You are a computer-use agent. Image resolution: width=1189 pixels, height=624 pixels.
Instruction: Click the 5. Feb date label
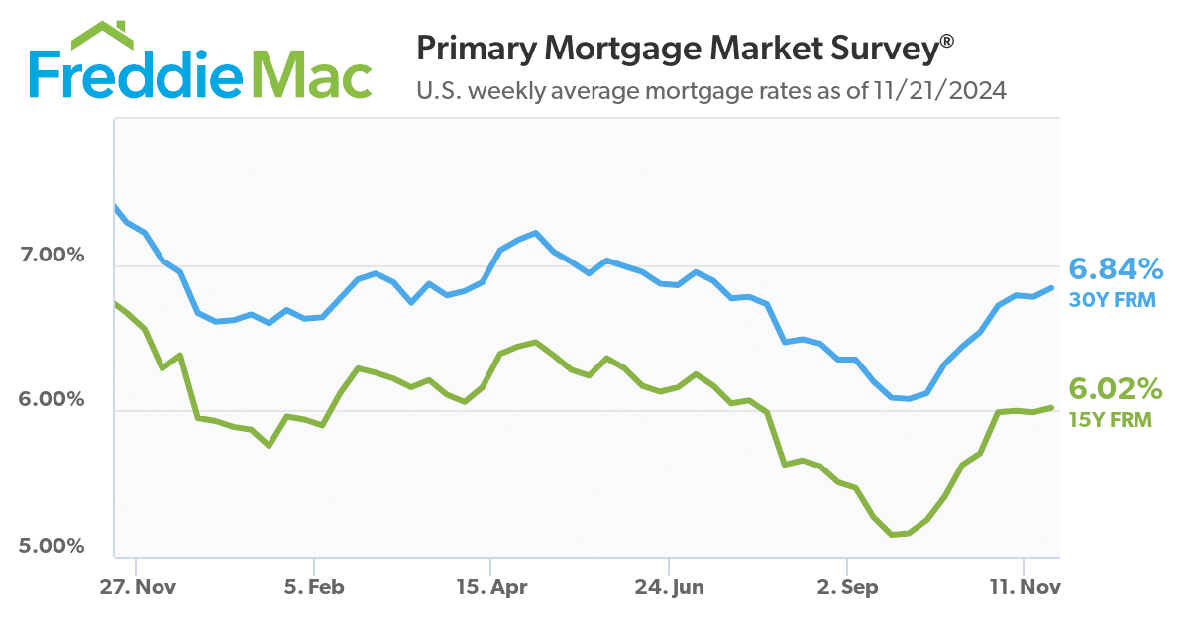click(313, 587)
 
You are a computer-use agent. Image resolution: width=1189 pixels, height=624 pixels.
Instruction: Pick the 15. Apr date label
click(490, 587)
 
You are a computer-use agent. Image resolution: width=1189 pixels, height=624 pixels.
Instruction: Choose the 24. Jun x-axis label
click(669, 587)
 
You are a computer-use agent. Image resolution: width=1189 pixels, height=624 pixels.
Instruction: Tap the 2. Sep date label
click(846, 587)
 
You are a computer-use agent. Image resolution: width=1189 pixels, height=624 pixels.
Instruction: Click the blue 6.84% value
click(1115, 268)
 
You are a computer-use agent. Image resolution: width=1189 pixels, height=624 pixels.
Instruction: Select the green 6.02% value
click(1114, 388)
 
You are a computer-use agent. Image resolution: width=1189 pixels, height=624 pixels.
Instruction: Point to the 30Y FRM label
click(1111, 299)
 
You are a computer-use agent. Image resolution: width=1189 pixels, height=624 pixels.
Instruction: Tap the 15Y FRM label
click(1109, 420)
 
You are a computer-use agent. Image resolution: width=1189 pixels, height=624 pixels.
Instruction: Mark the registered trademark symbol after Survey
click(947, 40)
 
